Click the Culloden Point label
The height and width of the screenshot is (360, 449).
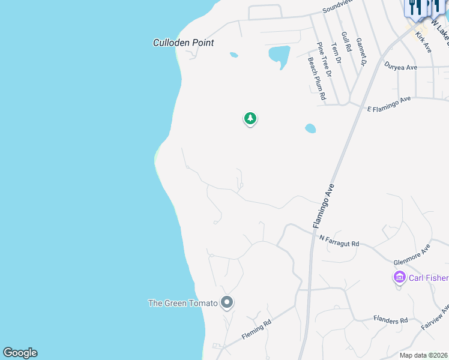pos(183,43)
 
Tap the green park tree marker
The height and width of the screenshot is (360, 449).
pos(250,118)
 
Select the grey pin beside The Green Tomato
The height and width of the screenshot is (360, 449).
pos(226,303)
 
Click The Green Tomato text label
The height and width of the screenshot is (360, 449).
pos(182,303)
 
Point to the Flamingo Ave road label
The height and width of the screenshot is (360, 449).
pos(322,206)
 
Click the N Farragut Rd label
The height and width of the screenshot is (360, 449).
pos(339,241)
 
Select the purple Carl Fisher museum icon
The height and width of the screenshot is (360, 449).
pos(399,277)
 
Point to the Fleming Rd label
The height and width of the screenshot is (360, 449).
pos(257,330)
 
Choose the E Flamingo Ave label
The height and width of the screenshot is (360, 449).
pos(389,103)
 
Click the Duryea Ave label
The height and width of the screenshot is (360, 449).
pos(401,67)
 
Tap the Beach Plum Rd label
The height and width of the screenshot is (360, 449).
pos(316,78)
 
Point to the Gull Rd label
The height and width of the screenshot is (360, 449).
pos(346,43)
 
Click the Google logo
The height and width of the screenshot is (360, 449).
pos(20,353)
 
